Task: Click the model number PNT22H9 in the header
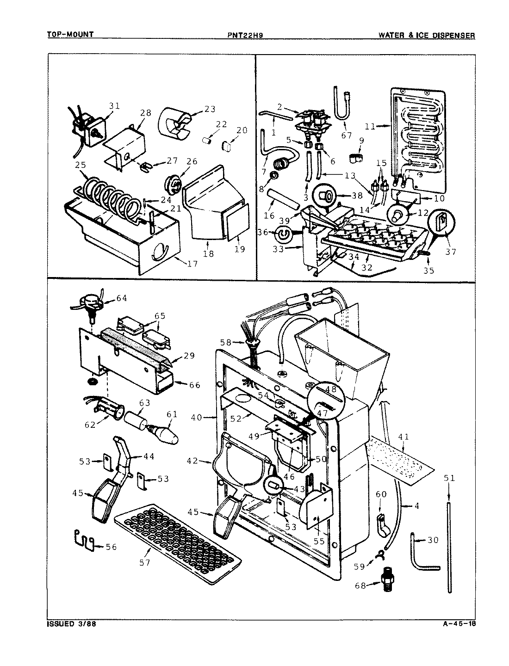(x=246, y=35)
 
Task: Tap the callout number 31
(x=114, y=106)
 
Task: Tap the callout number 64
(x=122, y=298)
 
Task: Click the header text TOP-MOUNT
(x=70, y=35)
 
